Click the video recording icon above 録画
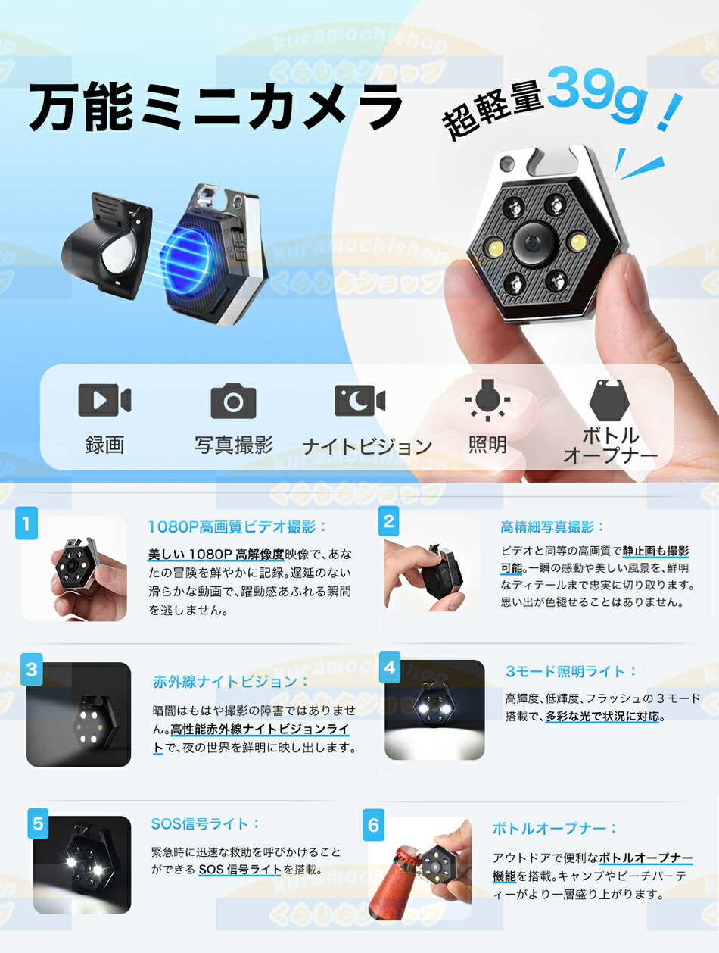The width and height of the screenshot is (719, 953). click(104, 400)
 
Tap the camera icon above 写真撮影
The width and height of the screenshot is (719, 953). click(233, 401)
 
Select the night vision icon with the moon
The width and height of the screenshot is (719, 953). click(359, 400)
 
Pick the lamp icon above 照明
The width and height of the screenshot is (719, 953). click(487, 399)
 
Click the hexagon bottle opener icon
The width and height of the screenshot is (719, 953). click(609, 399)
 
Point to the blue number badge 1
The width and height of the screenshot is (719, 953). click(26, 523)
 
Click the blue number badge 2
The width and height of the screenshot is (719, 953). click(389, 521)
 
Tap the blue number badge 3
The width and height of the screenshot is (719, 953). click(32, 670)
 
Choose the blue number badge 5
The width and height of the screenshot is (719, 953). click(39, 823)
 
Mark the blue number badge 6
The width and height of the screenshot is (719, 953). click(373, 824)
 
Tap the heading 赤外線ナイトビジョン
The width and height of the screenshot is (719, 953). click(231, 681)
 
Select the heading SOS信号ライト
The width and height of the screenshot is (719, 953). click(206, 823)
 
